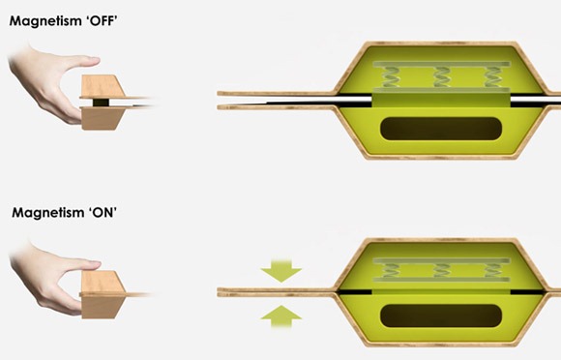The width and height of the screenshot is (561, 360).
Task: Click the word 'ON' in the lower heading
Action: click(x=103, y=213)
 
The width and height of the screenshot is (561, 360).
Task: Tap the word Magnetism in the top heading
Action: click(x=45, y=21)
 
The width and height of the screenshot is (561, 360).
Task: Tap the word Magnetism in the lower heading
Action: click(x=48, y=213)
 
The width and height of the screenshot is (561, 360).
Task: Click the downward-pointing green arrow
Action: click(x=281, y=269)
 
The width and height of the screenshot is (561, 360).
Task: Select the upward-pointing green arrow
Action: click(x=281, y=316)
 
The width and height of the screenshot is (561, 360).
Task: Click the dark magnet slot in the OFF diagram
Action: click(x=441, y=129)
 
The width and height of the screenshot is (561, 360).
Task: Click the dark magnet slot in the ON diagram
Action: click(x=441, y=315)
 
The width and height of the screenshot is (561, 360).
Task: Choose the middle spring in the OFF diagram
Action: click(x=441, y=77)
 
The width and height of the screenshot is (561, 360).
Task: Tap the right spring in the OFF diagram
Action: click(x=492, y=77)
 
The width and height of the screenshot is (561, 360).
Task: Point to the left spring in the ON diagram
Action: click(x=391, y=270)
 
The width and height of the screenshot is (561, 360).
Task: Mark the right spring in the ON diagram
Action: click(x=492, y=270)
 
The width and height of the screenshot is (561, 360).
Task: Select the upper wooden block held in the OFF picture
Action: click(x=102, y=86)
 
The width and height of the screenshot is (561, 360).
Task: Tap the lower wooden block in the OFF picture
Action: click(x=103, y=118)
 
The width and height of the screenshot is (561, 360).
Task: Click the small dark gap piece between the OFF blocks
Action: click(x=101, y=103)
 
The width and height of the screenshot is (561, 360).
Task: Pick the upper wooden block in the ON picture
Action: click(x=103, y=282)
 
